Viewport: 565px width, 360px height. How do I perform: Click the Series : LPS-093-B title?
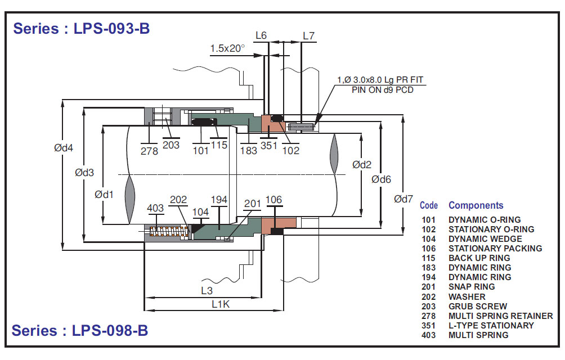coord(82,28)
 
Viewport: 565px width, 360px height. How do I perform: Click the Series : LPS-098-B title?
coord(80,330)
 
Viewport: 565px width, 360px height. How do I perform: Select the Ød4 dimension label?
coord(64,148)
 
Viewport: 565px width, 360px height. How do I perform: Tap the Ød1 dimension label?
coord(104,195)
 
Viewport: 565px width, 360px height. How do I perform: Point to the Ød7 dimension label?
coord(407,199)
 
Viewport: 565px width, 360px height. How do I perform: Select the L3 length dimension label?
coord(207,291)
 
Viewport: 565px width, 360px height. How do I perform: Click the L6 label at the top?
coord(261,35)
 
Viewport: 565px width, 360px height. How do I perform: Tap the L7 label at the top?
coord(308,35)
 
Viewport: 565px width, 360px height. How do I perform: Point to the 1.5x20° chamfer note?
coord(227,48)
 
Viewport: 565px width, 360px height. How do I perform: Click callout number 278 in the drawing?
coord(149,151)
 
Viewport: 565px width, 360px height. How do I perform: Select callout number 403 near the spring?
coord(155,209)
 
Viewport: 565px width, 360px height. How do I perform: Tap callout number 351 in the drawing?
coord(268,145)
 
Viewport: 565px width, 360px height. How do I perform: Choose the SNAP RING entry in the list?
coord(472,287)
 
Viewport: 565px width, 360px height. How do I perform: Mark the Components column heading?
coord(476,205)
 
